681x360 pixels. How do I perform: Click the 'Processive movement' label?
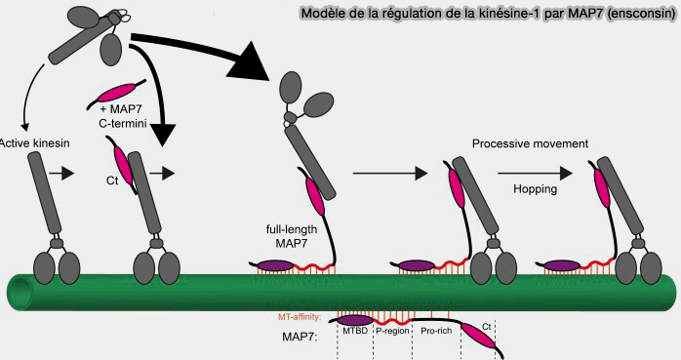(x=530, y=143)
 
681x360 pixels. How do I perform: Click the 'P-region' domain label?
(x=392, y=332)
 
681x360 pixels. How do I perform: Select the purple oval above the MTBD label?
(x=356, y=318)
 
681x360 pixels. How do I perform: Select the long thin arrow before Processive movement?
(x=390, y=174)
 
